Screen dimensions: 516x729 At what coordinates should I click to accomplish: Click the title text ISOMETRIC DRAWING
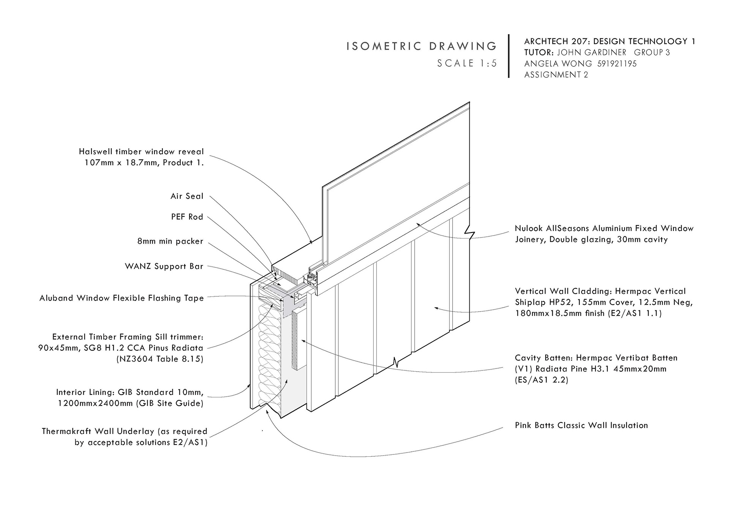421,46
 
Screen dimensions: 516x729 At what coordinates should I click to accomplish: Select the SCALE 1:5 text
467,63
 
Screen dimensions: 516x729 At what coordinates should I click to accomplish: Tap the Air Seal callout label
187,196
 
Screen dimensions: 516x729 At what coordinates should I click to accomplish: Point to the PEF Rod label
187,217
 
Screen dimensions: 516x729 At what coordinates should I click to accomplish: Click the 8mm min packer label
170,241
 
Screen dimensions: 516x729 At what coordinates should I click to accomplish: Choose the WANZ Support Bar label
164,266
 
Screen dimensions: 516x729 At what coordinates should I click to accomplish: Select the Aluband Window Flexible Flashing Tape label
121,298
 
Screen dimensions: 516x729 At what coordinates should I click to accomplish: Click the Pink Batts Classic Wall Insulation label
581,425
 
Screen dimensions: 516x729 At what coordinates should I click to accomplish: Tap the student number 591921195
617,63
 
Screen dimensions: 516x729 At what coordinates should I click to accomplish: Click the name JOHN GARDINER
592,52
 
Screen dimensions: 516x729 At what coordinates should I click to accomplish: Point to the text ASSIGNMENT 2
556,75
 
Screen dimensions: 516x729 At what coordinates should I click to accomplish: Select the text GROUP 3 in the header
652,52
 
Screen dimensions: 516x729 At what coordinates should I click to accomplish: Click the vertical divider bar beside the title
509,56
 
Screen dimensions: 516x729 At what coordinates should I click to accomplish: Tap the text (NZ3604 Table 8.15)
160,359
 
